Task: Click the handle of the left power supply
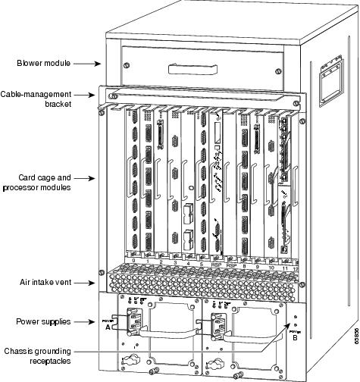pos(160,330)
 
